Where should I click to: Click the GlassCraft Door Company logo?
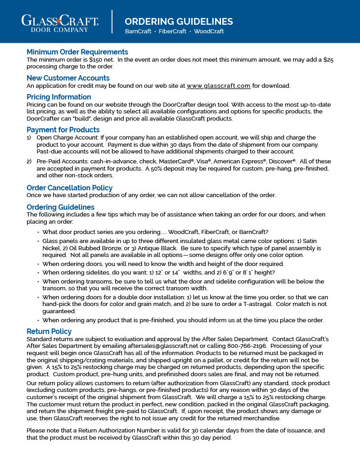tap(60, 22)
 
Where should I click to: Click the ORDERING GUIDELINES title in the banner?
tap(179, 22)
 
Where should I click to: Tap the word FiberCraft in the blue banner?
tap(173, 31)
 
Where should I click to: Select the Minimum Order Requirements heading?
tap(77, 52)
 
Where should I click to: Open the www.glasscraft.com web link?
tap(218, 85)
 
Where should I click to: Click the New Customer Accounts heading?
tap(68, 78)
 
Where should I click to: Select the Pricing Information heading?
tap(59, 97)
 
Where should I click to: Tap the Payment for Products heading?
tap(63, 130)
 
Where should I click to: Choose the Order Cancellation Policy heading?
tap(70, 188)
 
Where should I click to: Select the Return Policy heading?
tap(49, 332)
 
